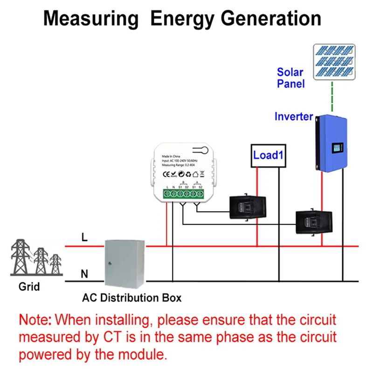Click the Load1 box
click(268, 155)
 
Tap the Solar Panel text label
click(290, 78)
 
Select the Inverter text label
click(293, 117)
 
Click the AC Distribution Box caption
click(132, 297)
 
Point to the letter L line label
click(84, 237)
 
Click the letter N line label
click(84, 274)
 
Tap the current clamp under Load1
click(247, 207)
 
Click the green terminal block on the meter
click(183, 193)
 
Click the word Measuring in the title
click(91, 19)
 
